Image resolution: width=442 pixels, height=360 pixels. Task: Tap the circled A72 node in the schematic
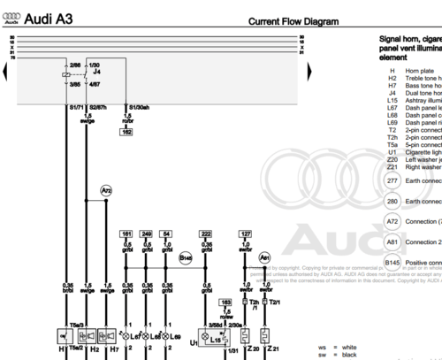[x=106, y=190]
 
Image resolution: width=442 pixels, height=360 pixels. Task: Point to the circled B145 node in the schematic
[x=186, y=234]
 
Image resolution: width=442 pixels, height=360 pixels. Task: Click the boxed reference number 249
[x=147, y=211]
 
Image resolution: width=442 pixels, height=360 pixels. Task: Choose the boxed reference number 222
[x=205, y=211]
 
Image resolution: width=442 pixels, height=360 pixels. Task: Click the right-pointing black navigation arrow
[x=309, y=69]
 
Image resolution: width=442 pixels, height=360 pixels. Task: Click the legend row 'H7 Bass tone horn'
[x=415, y=84]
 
